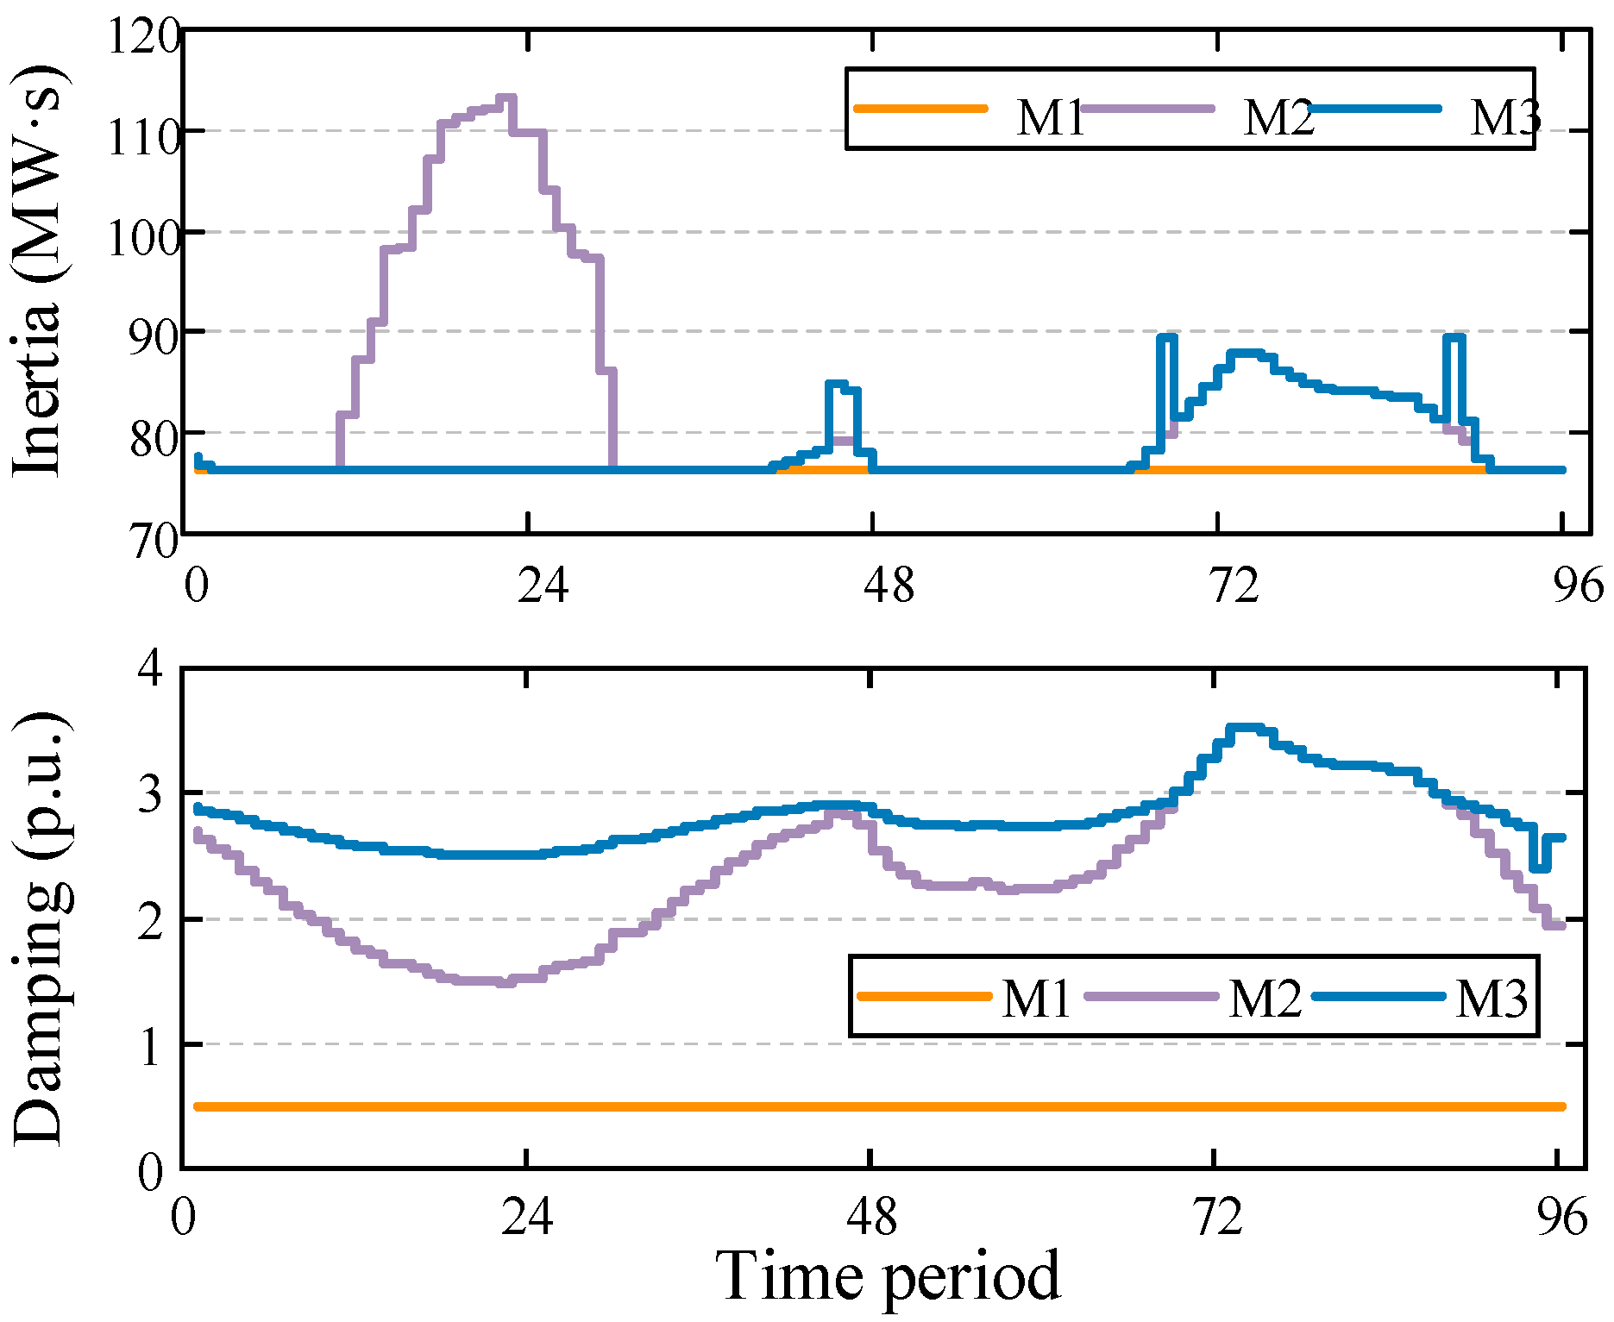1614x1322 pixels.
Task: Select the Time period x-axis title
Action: point(888,1275)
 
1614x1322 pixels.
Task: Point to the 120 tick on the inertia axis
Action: point(143,36)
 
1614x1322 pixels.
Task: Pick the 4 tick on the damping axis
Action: point(151,668)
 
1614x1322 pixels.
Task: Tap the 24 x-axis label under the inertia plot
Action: point(543,586)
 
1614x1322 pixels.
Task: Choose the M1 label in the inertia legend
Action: point(1049,117)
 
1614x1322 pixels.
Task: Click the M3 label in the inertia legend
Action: point(1505,117)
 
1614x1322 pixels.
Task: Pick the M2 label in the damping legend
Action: point(1265,999)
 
